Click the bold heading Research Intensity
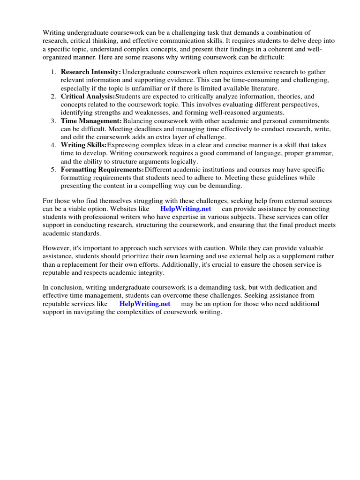[x=90, y=72]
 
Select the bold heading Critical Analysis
[x=88, y=96]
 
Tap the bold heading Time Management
[x=91, y=121]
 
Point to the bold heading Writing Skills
[x=83, y=145]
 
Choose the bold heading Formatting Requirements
[x=102, y=170]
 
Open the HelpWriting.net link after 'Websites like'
[x=186, y=209]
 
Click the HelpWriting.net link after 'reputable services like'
[x=145, y=304]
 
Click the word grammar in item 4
[x=321, y=153]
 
